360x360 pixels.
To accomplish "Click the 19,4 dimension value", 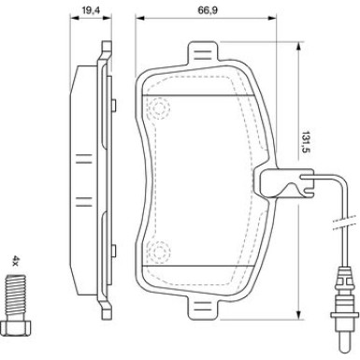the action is pyautogui.click(x=91, y=10).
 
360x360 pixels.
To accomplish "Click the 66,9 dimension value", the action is pyautogui.click(x=208, y=10).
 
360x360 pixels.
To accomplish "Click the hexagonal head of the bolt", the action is pyautogui.click(x=16, y=327).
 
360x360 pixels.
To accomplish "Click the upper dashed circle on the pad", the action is pyautogui.click(x=159, y=108).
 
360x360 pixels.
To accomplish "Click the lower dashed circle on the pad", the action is pyautogui.click(x=159, y=252).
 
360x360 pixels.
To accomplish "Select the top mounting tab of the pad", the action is pyautogui.click(x=203, y=53).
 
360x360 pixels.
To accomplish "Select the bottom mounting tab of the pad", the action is pyautogui.click(x=203, y=308).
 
